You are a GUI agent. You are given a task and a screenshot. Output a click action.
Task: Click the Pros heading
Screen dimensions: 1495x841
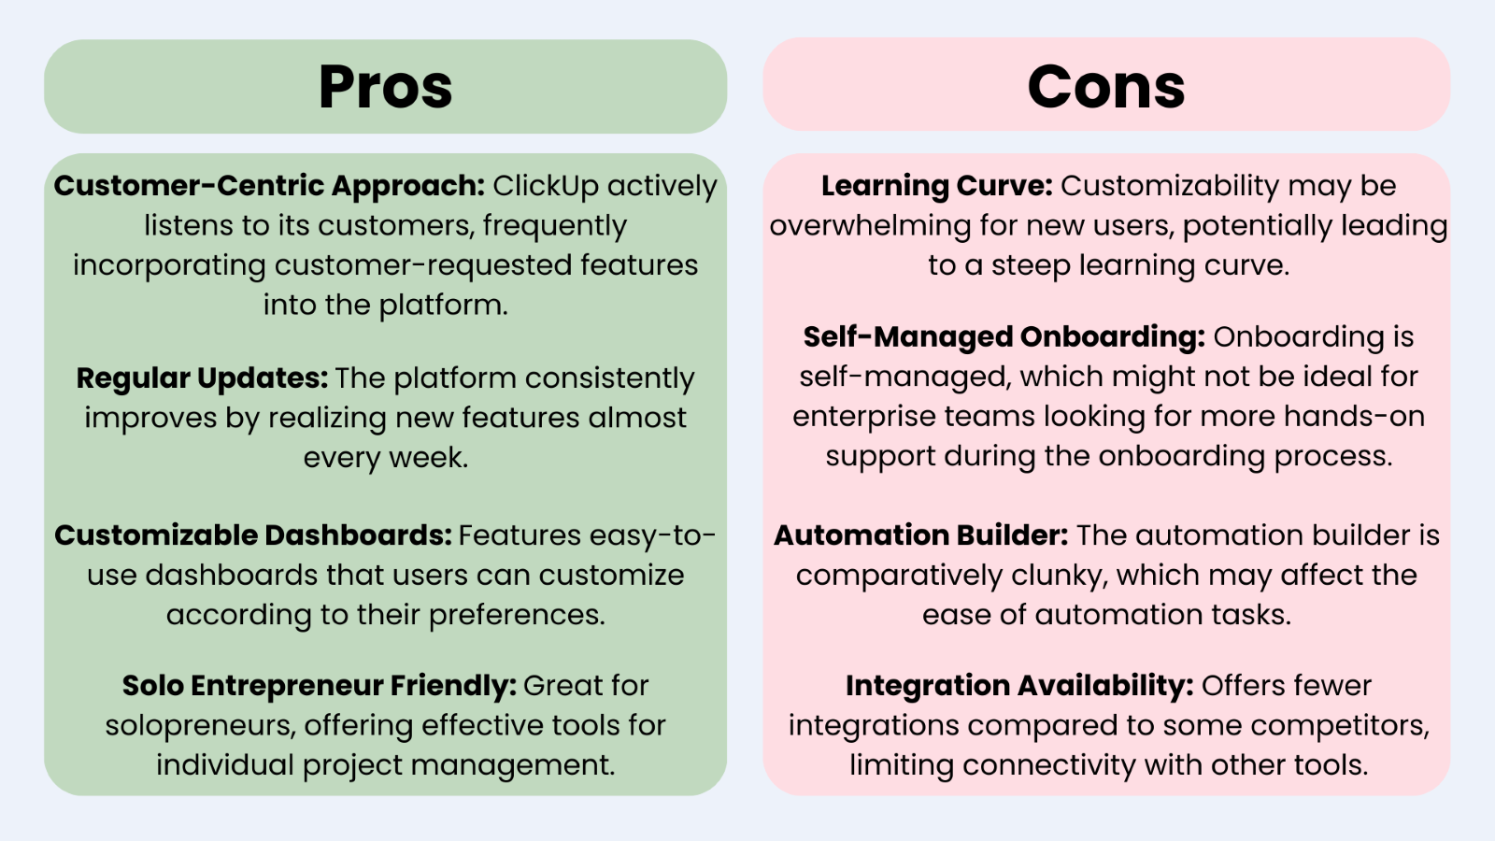click(386, 88)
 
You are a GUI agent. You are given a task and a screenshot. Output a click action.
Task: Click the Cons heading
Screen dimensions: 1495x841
click(1106, 87)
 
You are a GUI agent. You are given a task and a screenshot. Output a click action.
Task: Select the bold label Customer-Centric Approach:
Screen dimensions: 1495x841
click(269, 186)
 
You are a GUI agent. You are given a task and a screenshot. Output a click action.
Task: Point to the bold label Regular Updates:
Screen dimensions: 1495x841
click(202, 378)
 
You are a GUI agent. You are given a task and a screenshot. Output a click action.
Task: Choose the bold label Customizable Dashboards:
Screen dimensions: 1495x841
click(253, 535)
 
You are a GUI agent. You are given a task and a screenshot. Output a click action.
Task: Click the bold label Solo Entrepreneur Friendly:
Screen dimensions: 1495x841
click(319, 686)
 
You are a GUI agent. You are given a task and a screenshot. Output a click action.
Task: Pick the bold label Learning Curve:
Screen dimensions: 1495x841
click(936, 186)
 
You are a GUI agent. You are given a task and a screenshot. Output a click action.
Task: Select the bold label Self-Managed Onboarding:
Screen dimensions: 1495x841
click(1004, 337)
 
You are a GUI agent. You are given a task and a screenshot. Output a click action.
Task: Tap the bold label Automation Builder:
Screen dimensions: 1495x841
click(921, 535)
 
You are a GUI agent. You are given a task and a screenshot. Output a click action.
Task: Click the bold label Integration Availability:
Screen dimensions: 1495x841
click(1019, 686)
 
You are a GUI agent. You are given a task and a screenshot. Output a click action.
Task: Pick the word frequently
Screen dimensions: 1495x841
click(555, 226)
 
